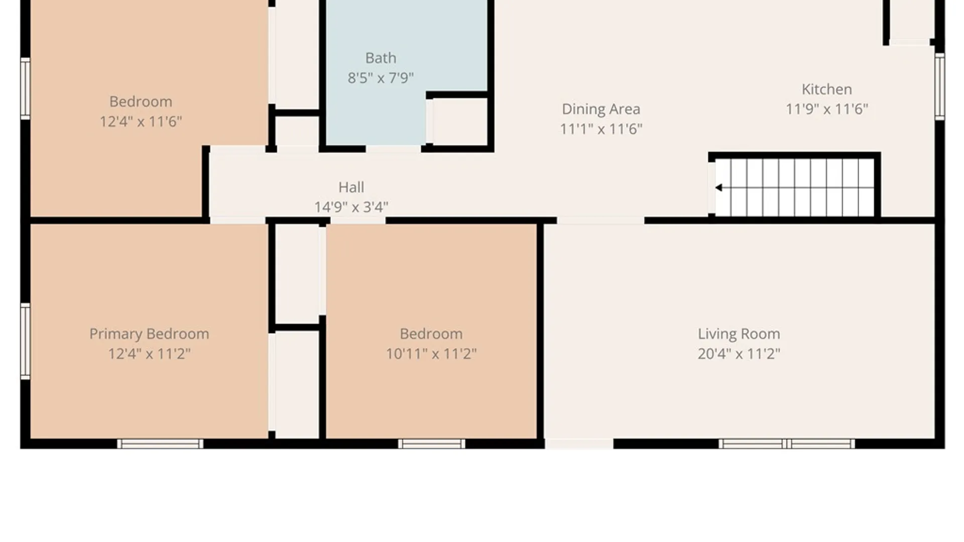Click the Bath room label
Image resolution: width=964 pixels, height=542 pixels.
pyautogui.click(x=381, y=58)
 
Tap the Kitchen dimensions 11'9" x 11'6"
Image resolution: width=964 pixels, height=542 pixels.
pyautogui.click(x=826, y=109)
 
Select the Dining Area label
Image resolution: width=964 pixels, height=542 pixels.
pyautogui.click(x=601, y=109)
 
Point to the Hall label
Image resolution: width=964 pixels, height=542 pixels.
pyautogui.click(x=351, y=187)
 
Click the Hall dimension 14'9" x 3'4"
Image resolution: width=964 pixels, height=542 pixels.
pyautogui.click(x=351, y=207)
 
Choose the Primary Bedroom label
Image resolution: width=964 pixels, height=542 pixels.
pyautogui.click(x=149, y=334)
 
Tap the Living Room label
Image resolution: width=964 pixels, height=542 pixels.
pyautogui.click(x=739, y=334)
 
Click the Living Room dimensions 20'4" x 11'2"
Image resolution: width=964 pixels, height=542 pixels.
pyautogui.click(x=739, y=354)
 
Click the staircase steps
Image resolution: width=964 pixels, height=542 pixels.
pyautogui.click(x=794, y=188)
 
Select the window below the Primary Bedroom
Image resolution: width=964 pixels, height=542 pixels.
pyautogui.click(x=160, y=444)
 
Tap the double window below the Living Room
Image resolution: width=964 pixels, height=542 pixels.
pyautogui.click(x=787, y=444)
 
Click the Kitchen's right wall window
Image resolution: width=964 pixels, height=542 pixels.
pyautogui.click(x=939, y=86)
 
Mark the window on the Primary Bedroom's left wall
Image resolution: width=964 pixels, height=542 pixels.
pyautogui.click(x=25, y=341)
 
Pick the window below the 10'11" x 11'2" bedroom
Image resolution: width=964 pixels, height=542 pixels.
pyautogui.click(x=432, y=444)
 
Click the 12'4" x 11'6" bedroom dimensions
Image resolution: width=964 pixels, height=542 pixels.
pyautogui.click(x=141, y=121)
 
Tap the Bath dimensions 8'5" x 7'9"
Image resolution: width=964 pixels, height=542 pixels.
pyautogui.click(x=381, y=78)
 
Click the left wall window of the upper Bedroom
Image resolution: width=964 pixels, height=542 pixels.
pyautogui.click(x=25, y=88)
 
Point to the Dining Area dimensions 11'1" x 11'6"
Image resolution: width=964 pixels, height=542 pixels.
pyautogui.click(x=601, y=129)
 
